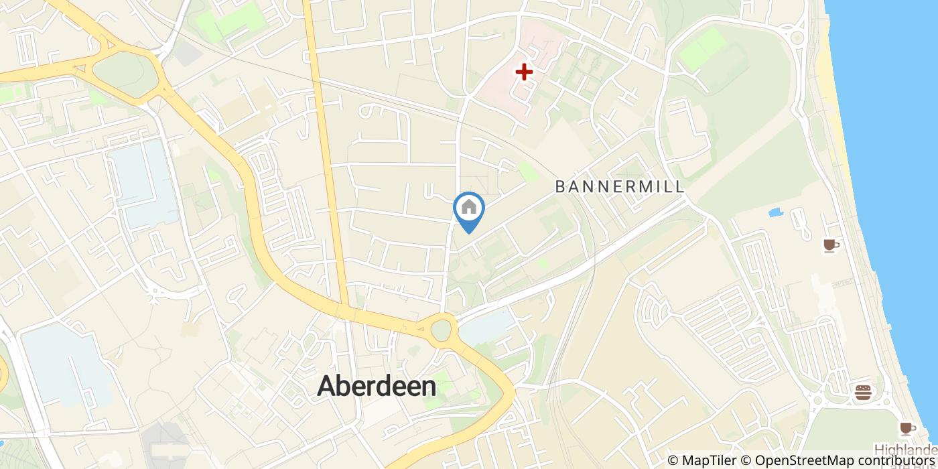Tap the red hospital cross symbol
coord(524,71)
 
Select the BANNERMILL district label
coord(620,187)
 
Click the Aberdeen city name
coord(376,386)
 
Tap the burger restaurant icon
coord(863,392)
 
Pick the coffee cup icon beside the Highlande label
coord(907,428)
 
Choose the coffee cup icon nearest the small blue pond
coord(831,246)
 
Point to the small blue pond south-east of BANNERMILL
coord(776,214)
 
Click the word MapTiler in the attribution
coord(710,460)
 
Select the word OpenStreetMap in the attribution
coord(798,460)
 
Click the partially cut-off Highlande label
coord(905,450)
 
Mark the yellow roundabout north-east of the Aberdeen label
coord(442,329)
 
